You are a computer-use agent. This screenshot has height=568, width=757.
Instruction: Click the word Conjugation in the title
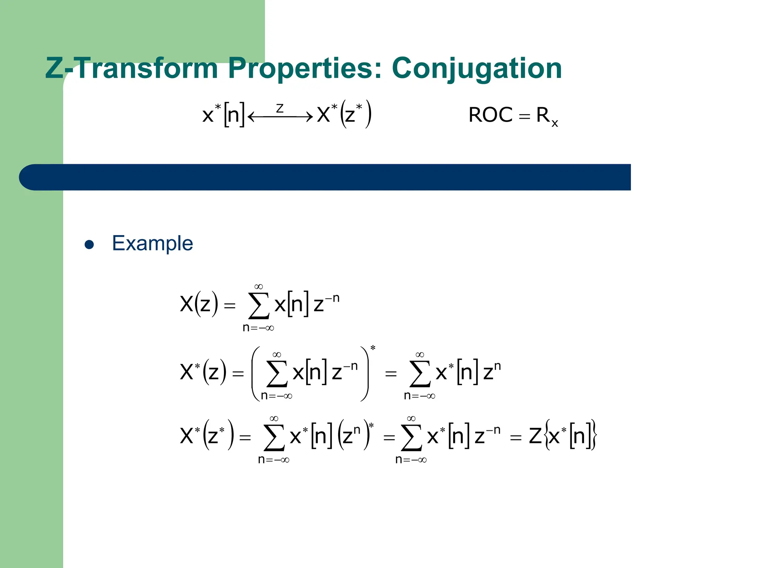(x=477, y=68)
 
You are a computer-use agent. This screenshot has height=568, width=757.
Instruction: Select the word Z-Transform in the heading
(x=131, y=68)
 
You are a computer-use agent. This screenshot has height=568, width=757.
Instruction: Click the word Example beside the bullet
(x=152, y=243)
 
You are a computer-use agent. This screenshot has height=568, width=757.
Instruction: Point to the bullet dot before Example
(x=89, y=244)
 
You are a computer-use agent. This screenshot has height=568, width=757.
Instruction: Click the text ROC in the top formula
(x=490, y=115)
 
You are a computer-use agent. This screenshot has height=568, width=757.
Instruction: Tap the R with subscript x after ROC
(x=547, y=116)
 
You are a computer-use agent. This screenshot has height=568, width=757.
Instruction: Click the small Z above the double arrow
(x=280, y=108)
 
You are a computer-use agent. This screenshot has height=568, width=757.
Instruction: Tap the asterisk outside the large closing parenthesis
(x=373, y=348)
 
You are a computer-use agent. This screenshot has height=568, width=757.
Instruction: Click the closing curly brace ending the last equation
(x=593, y=435)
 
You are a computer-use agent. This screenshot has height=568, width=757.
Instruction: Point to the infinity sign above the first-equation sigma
(x=258, y=287)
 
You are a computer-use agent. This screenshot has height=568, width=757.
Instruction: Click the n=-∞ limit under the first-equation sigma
(x=258, y=328)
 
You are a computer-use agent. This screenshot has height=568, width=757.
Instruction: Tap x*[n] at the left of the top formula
(x=223, y=114)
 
